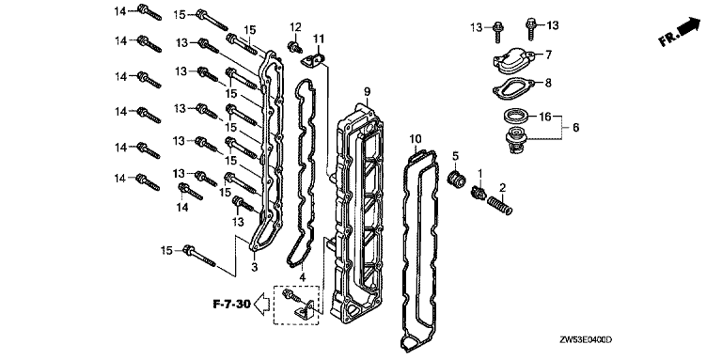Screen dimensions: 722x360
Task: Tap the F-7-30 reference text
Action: point(231,304)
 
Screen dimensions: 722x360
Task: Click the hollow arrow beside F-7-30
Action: point(262,305)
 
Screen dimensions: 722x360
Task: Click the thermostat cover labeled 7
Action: point(512,59)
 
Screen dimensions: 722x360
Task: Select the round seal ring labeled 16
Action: point(514,116)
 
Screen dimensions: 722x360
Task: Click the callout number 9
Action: point(367,92)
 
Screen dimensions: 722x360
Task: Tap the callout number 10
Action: point(415,138)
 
